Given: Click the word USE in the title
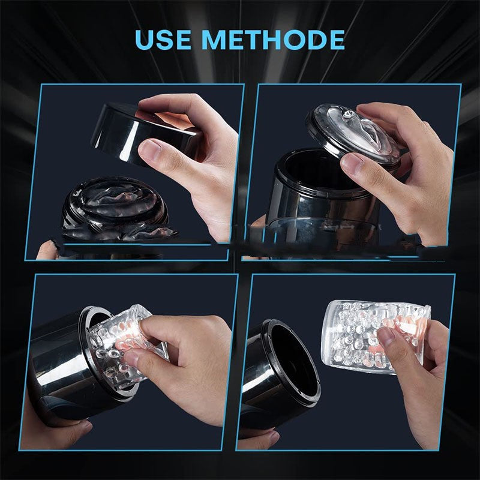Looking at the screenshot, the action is point(162,40).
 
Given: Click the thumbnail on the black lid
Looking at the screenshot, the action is point(151,148).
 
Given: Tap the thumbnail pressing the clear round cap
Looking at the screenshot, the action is point(352,162).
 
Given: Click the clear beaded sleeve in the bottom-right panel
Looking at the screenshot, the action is point(377,337).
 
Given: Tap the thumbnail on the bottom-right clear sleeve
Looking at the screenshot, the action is point(386,335).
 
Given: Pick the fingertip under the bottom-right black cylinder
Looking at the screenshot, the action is point(269,437).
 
